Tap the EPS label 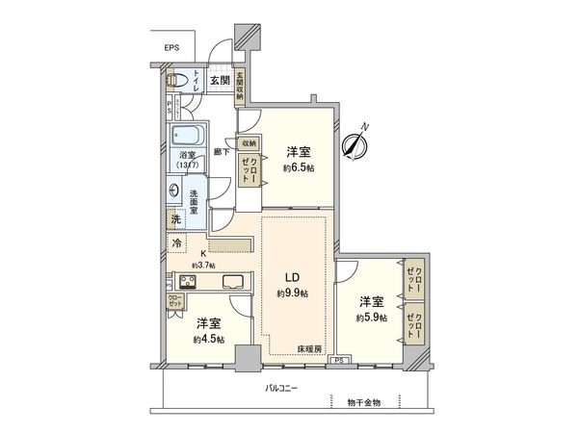171,47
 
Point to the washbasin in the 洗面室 175,191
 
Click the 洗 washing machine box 175,219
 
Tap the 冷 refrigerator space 177,244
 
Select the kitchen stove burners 188,282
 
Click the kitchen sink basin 235,282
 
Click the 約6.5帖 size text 299,168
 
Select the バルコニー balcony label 281,389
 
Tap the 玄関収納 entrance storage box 241,82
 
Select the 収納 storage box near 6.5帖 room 248,143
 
